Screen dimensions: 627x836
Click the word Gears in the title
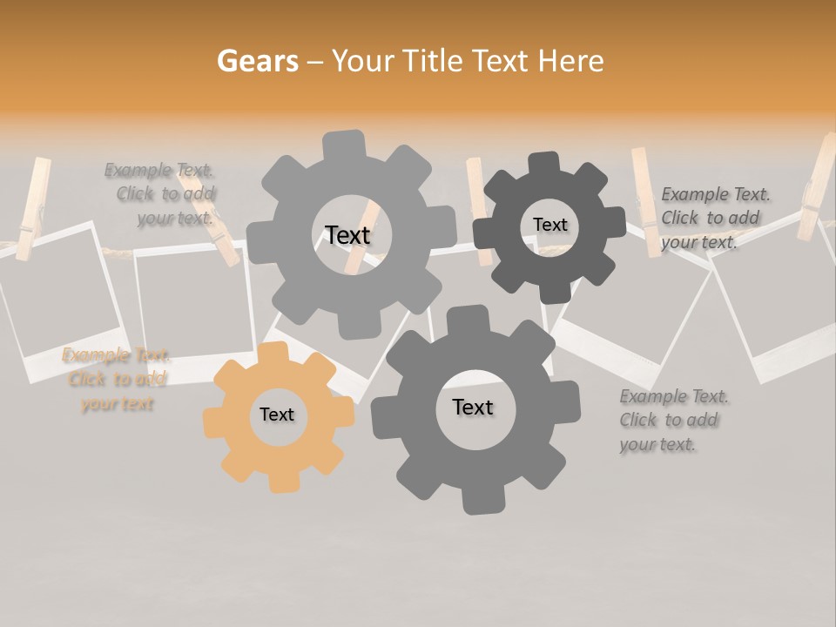tap(257, 61)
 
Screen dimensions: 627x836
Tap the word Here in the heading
tap(571, 61)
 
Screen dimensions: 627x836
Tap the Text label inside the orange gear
tap(277, 415)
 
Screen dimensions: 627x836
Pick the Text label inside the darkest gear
tap(549, 225)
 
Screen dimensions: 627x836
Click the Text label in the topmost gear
tap(347, 235)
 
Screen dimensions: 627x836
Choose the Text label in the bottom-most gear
tap(472, 408)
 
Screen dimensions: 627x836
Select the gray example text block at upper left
tap(162, 194)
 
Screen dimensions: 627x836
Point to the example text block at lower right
tap(672, 421)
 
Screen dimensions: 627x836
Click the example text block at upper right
tap(714, 218)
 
